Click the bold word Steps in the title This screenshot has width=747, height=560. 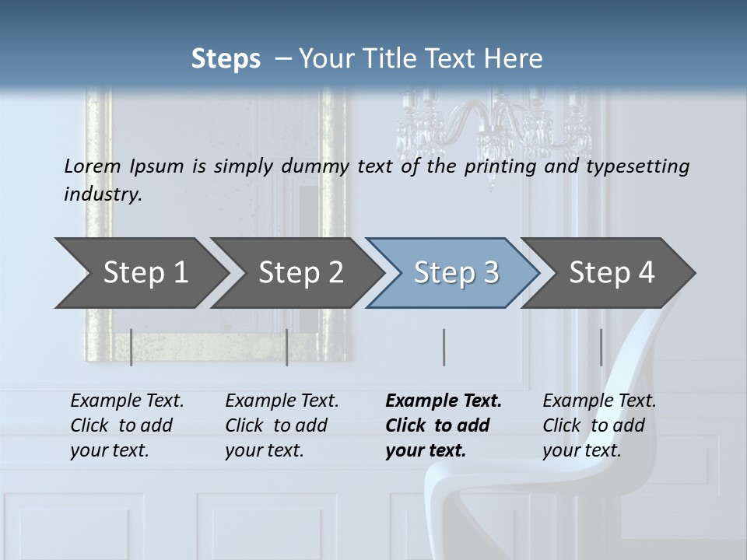point(226,59)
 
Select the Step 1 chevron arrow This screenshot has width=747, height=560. point(140,273)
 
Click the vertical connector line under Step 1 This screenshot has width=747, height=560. point(132,347)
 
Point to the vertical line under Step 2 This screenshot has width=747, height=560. point(287,347)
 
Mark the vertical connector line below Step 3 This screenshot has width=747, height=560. point(444,347)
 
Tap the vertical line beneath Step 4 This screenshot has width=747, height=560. point(601,347)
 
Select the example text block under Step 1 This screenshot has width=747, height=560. point(127,425)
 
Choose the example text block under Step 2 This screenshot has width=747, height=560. point(282,425)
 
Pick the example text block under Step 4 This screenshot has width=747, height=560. point(598,425)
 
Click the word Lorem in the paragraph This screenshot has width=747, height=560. point(93,166)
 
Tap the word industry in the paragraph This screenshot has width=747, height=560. point(103,194)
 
